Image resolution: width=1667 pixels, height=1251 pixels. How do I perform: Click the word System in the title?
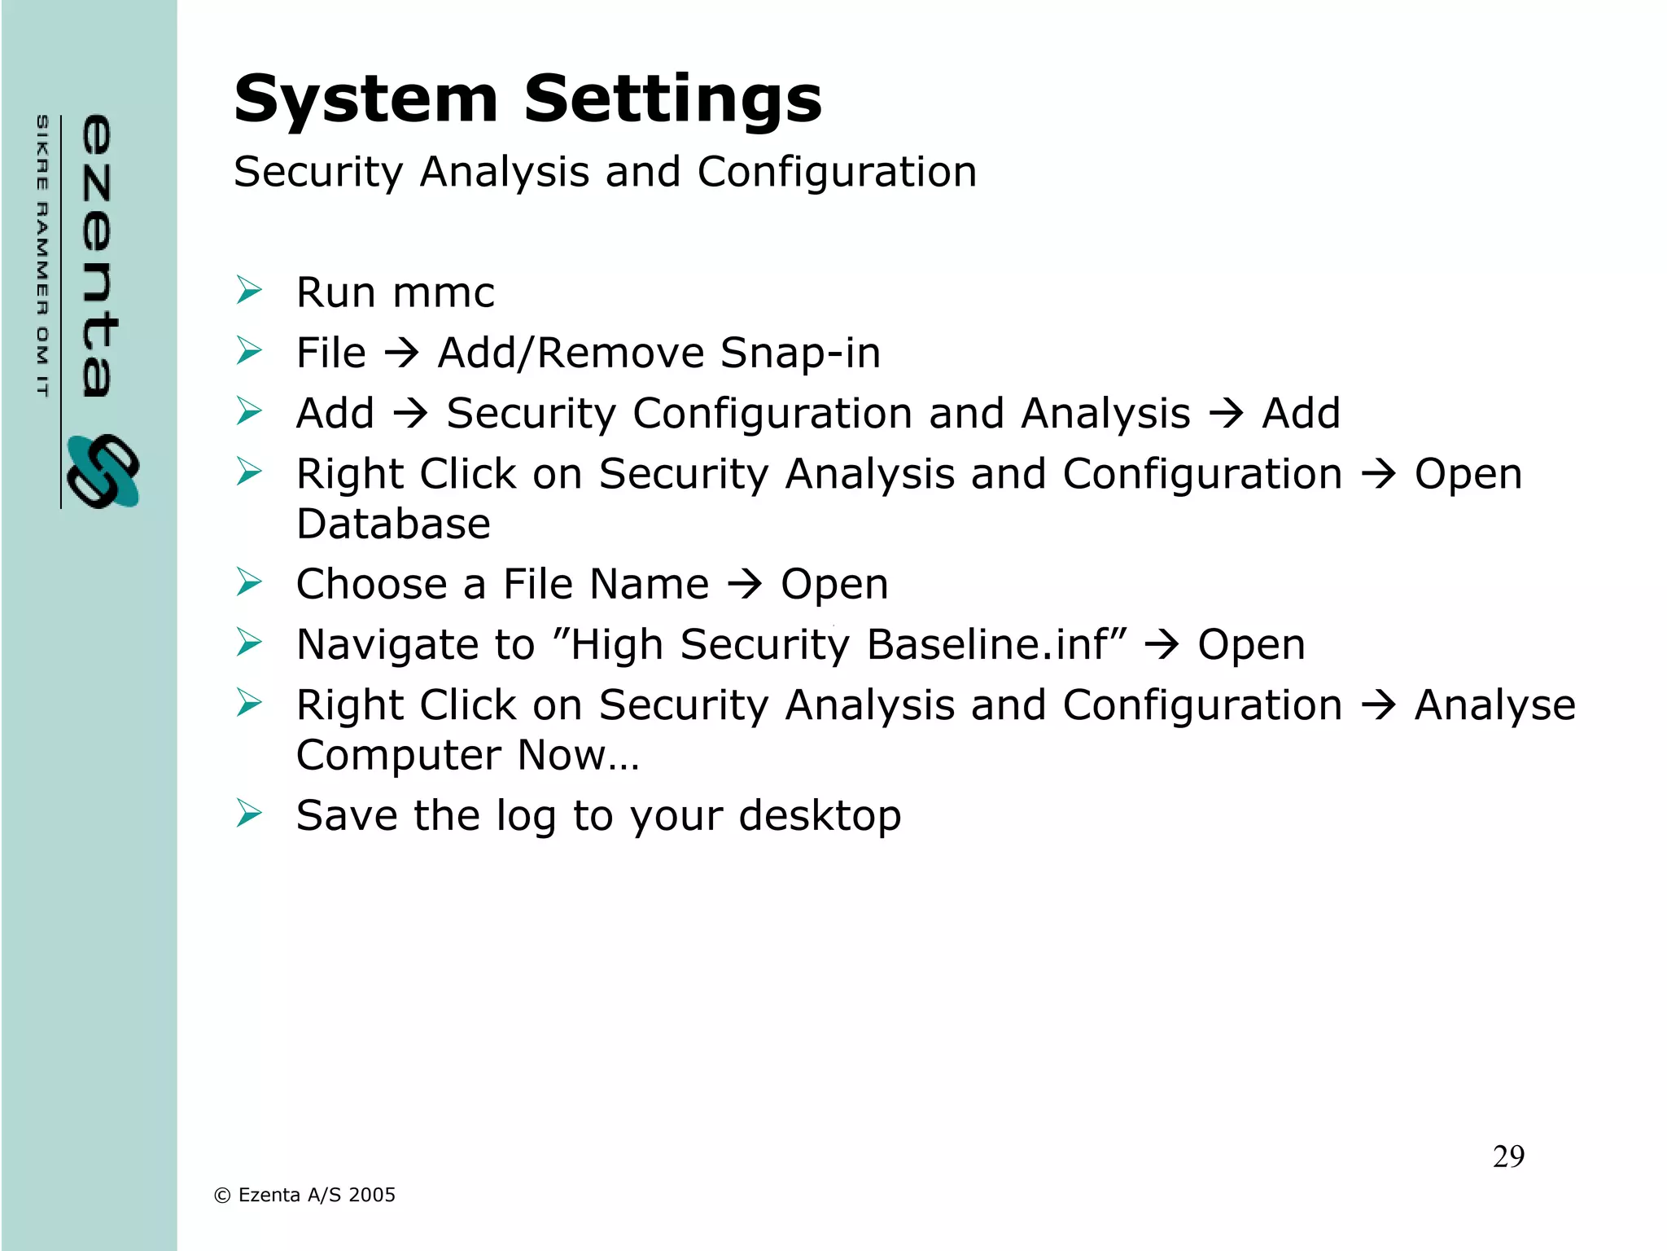pyautogui.click(x=365, y=99)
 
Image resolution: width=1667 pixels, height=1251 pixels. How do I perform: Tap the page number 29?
pyautogui.click(x=1508, y=1157)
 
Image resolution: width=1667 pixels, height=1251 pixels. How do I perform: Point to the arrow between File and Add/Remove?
pyautogui.click(x=401, y=353)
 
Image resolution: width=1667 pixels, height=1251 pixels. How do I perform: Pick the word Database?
pyautogui.click(x=393, y=524)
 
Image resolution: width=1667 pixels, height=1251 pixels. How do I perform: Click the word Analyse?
pyautogui.click(x=1494, y=705)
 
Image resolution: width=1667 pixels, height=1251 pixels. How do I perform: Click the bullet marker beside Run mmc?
pyautogui.click(x=249, y=290)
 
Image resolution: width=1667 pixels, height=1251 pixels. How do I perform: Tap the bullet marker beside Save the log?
pyautogui.click(x=249, y=813)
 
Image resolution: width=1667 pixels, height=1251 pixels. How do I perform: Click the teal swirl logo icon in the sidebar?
pyautogui.click(x=103, y=472)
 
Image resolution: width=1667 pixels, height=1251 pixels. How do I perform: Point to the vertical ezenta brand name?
pyautogui.click(x=98, y=256)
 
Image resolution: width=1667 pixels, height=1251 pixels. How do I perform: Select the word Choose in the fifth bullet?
pyautogui.click(x=372, y=584)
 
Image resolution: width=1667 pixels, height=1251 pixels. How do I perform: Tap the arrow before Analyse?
pyautogui.click(x=1378, y=705)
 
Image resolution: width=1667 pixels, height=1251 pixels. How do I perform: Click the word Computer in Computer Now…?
pyautogui.click(x=397, y=755)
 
